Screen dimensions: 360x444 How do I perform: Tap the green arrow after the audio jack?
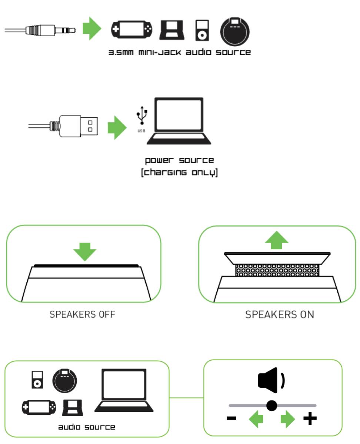[x=91, y=28]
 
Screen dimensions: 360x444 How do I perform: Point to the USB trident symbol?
[x=142, y=116]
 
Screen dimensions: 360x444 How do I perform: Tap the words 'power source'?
[x=179, y=160]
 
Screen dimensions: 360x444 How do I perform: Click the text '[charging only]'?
[x=179, y=173]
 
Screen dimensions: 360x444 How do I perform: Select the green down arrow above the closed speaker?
[x=84, y=251]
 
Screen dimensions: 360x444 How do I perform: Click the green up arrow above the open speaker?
[x=277, y=241]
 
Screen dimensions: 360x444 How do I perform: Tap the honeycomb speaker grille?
[x=277, y=270]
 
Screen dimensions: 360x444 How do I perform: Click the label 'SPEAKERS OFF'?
[x=83, y=315]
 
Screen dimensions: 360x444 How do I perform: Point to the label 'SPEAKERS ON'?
[x=280, y=315]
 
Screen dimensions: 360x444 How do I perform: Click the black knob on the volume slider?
[x=272, y=405]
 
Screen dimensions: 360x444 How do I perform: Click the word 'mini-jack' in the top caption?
[x=160, y=52]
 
